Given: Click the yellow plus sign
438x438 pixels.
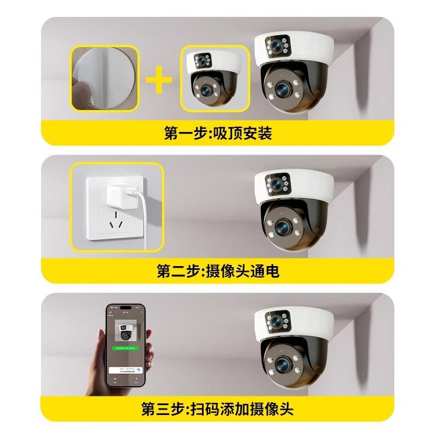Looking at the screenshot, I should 159,79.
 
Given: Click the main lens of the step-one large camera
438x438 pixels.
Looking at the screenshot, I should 283,88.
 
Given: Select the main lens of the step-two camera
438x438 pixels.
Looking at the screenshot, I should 283,225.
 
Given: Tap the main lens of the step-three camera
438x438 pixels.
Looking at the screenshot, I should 283,362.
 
